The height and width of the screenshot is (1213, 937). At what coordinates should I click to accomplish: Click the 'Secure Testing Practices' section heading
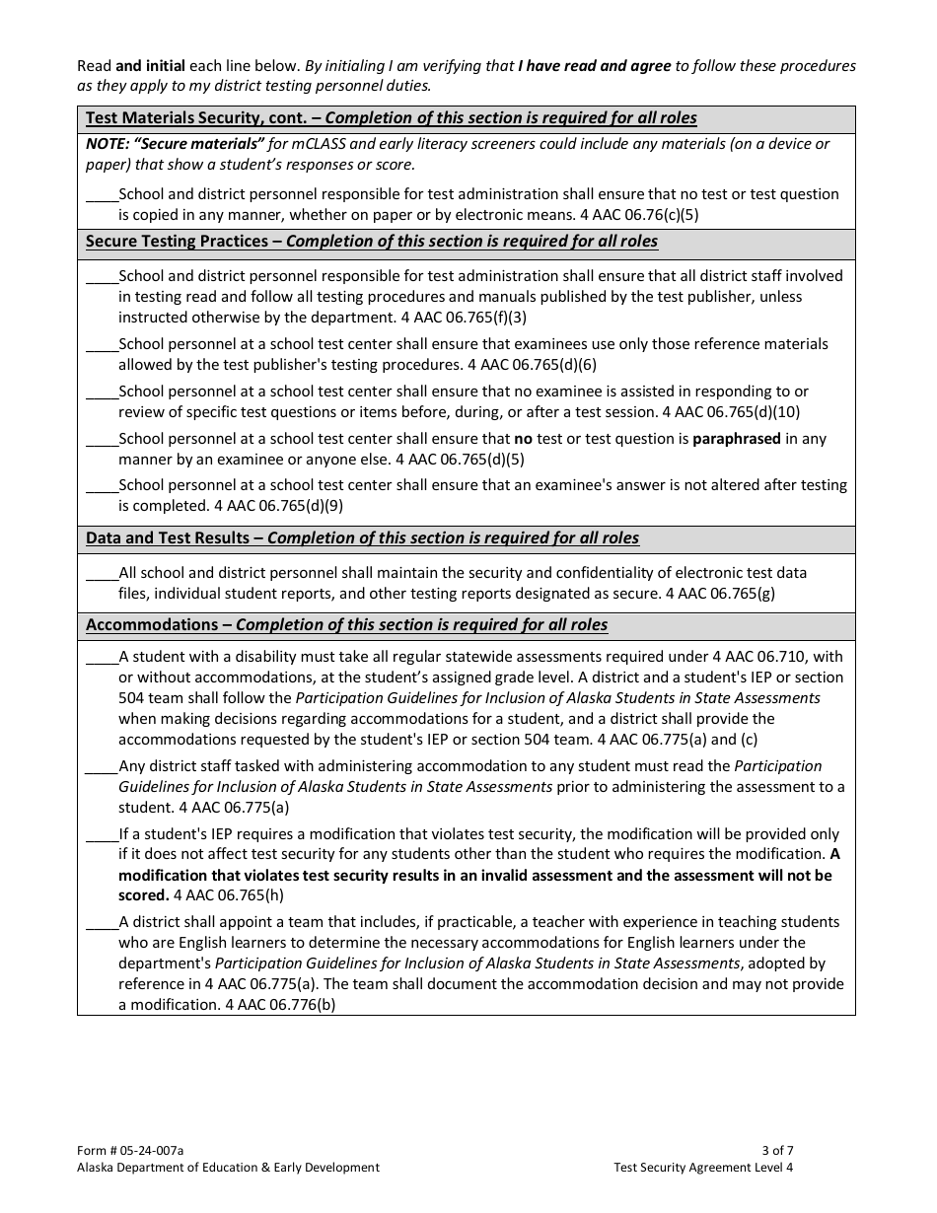(176, 242)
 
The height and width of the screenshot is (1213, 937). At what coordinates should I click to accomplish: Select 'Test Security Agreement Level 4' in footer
(702, 1168)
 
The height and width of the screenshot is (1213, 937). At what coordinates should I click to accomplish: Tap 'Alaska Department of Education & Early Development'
(228, 1168)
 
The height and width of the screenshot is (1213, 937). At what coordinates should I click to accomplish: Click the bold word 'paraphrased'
(736, 439)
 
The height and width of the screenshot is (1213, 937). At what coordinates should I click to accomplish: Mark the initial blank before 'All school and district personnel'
(102, 574)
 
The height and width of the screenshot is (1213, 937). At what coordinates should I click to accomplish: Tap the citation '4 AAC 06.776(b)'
(280, 1005)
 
